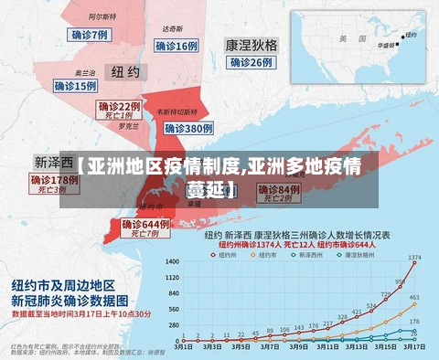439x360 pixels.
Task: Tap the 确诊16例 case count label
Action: click(x=176, y=46)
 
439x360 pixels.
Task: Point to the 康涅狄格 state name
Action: click(x=252, y=45)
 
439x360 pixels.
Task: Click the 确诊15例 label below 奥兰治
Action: click(x=75, y=86)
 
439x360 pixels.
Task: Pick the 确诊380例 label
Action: click(x=186, y=129)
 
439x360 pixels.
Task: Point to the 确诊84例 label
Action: click(x=278, y=189)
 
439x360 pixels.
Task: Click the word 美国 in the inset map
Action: click(x=345, y=39)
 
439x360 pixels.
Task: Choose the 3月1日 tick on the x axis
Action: click(x=183, y=347)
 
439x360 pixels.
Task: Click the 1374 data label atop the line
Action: click(x=414, y=257)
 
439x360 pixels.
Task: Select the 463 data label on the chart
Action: click(x=414, y=298)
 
